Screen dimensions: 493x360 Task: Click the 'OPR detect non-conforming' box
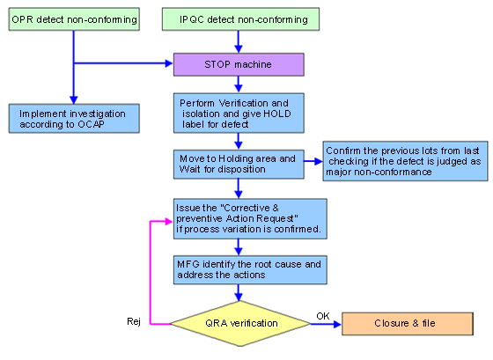coord(74,19)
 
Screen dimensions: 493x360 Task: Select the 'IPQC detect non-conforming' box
coord(241,19)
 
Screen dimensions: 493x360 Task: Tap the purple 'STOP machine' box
coord(239,64)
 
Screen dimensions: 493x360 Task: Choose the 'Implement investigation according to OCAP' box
coord(74,119)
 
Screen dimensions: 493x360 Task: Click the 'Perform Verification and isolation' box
coord(239,114)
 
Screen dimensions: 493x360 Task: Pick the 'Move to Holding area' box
coord(239,164)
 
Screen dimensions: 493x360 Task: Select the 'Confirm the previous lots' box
coord(405,161)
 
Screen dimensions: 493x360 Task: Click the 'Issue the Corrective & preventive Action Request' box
coord(250,219)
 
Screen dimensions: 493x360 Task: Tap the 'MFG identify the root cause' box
coord(250,269)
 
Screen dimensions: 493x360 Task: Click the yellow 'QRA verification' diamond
coord(240,324)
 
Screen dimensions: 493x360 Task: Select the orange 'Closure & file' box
coord(408,324)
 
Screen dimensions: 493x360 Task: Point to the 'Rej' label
coord(134,321)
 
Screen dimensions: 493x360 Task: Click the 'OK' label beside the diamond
coord(323,316)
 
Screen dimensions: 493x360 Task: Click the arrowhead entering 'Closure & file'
coord(338,324)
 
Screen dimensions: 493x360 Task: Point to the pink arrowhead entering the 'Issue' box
coord(169,221)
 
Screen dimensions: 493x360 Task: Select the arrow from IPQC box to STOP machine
coord(239,42)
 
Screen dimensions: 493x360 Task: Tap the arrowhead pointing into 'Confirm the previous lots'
coord(319,161)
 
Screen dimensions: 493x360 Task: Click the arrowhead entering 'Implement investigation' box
coord(74,100)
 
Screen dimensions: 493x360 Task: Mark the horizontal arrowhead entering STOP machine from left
coord(169,63)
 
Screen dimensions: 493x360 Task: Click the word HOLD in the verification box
coord(277,114)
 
